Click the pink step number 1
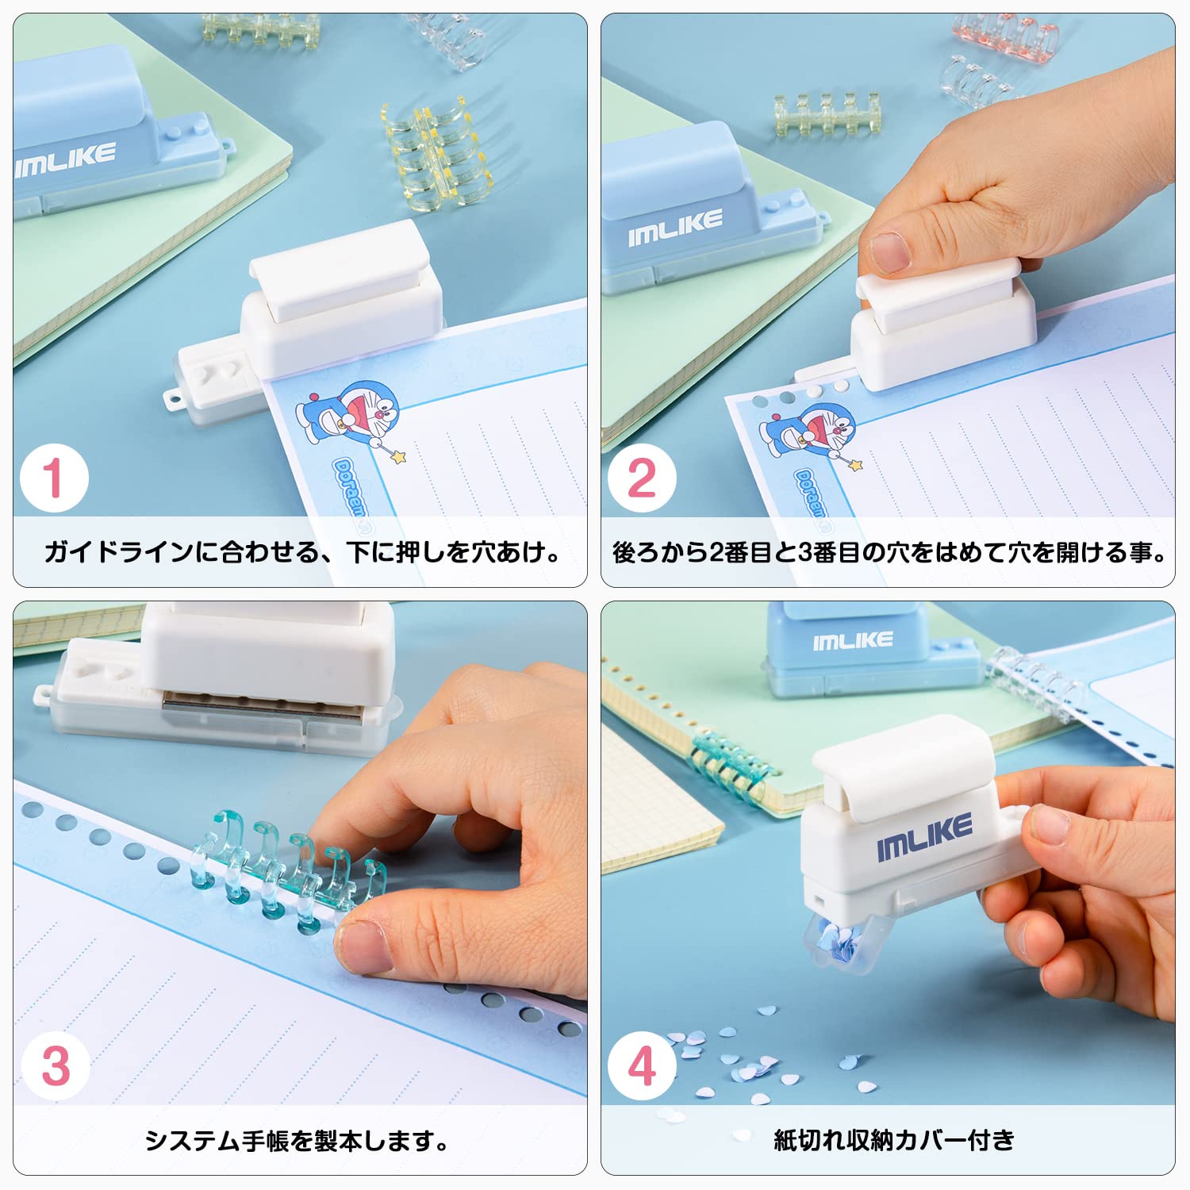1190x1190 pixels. point(53,478)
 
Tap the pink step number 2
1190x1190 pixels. point(642,478)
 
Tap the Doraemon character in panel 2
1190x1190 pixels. point(809,432)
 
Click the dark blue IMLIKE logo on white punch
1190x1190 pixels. point(924,837)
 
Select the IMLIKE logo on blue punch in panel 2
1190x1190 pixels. point(675,226)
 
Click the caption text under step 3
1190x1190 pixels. point(297,1141)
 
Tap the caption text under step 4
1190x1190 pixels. point(894,1140)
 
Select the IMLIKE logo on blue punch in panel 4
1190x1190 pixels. point(853,640)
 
